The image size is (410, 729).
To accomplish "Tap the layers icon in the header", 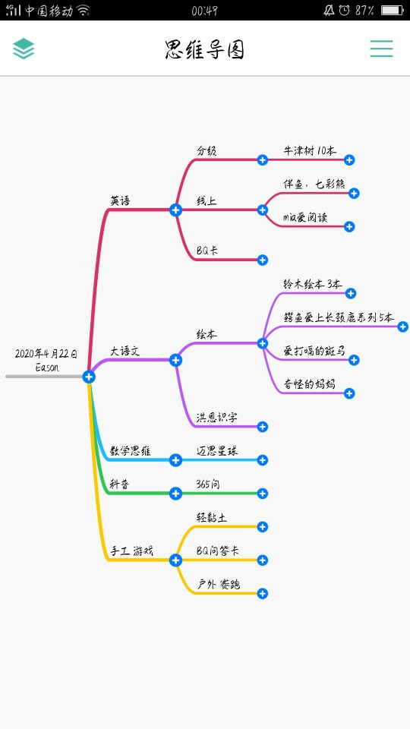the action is click(x=24, y=49).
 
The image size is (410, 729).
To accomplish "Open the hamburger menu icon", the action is click(x=381, y=49).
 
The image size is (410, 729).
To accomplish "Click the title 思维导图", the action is click(x=204, y=50).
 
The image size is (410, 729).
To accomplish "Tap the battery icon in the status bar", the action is click(x=392, y=10).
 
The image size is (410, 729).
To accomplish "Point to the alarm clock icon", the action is click(x=345, y=10).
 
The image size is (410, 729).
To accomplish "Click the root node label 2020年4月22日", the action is click(x=46, y=354).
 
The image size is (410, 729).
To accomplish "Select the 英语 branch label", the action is click(x=120, y=200).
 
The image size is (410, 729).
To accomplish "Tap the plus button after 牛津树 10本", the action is click(x=349, y=160).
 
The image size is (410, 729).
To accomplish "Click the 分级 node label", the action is click(x=207, y=150).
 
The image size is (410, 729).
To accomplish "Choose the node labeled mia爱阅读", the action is click(x=305, y=217).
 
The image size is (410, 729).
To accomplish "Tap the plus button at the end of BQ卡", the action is click(x=263, y=260).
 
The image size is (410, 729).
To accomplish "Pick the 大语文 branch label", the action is click(x=125, y=351).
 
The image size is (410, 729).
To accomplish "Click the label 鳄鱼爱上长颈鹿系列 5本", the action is click(x=339, y=317).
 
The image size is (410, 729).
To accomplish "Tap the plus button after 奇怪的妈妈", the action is click(x=349, y=393).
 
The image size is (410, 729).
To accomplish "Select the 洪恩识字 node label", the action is click(x=216, y=418).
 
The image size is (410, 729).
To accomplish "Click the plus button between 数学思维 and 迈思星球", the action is click(x=175, y=460).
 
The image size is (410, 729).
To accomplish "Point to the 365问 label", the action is click(x=208, y=484).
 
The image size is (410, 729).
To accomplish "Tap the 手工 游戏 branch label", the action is click(x=131, y=551).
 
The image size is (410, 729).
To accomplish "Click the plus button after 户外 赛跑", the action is click(x=263, y=594).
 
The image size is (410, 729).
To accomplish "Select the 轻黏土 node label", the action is click(x=212, y=517).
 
